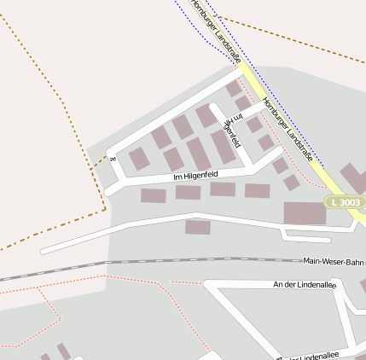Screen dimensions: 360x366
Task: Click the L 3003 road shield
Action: pos(346,202)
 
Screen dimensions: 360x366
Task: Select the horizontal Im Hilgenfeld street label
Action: pos(195,176)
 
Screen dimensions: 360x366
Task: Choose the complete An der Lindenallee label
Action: pos(304,284)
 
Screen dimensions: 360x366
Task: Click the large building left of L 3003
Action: pos(304,213)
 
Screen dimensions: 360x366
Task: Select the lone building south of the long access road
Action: pos(197,227)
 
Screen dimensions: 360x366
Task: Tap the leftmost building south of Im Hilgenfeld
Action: pos(153,195)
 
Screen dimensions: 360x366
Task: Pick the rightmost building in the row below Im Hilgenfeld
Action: pos(257,190)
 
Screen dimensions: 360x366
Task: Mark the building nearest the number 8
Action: pos(138,158)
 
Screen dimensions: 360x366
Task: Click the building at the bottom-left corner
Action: pos(61,351)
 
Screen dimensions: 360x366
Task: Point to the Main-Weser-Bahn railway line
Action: pos(171,261)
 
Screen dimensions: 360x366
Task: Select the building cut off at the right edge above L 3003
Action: pos(353,176)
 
